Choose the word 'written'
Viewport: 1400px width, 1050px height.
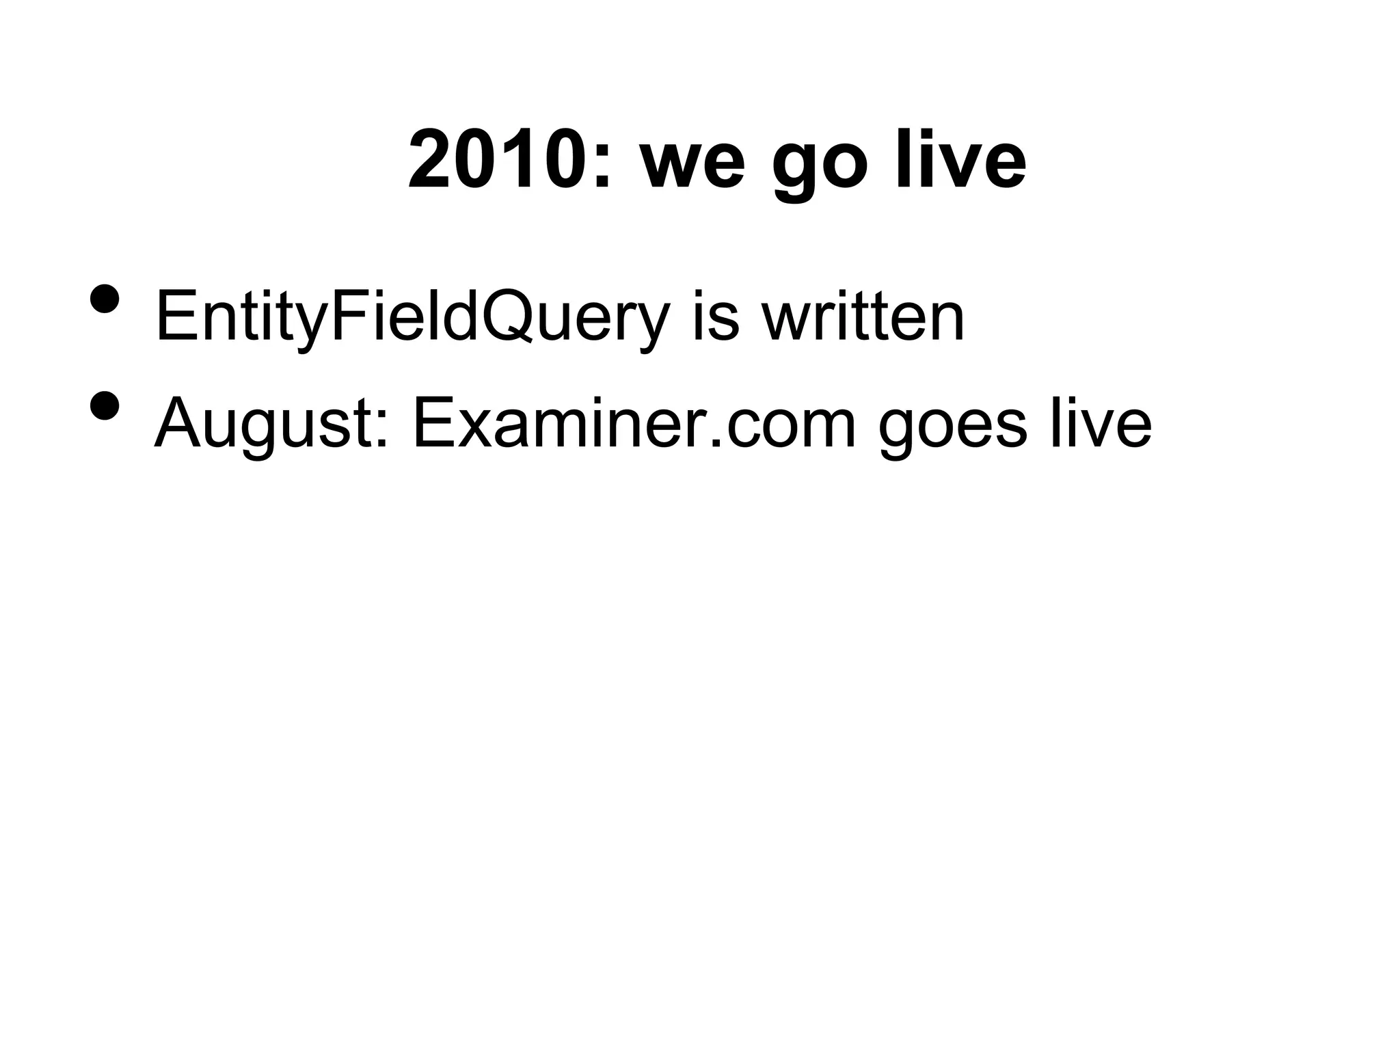[x=863, y=316]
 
